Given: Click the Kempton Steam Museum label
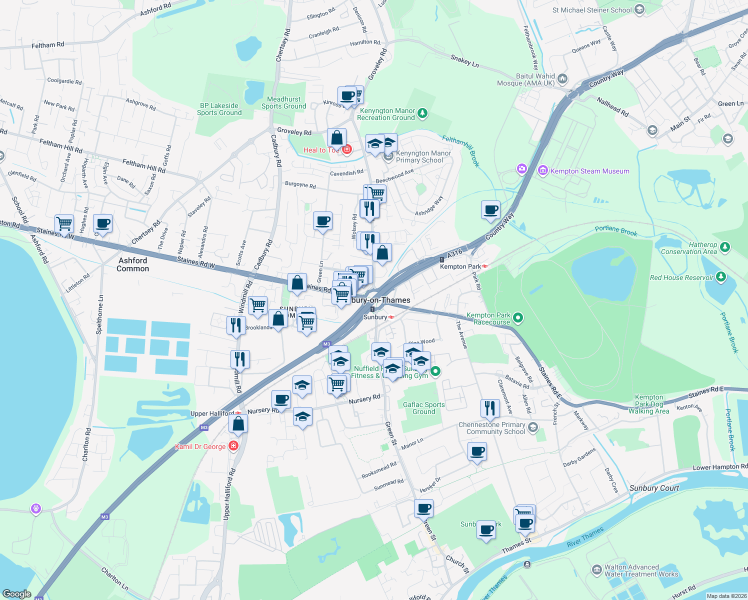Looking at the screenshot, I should (589, 171).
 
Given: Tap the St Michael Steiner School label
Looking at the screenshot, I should (592, 10).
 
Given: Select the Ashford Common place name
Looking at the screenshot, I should (132, 264).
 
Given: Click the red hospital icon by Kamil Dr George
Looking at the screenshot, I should (233, 446).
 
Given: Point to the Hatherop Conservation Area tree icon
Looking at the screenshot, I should (725, 247).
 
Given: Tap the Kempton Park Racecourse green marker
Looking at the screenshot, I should (518, 317).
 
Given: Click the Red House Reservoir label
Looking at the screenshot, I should (681, 277).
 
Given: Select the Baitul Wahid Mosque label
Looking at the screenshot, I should (525, 79).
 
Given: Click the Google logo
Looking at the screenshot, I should (16, 594).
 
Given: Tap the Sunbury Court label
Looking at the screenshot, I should (654, 488).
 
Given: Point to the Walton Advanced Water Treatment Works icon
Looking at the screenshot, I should (596, 569).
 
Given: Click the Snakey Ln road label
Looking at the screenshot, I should (464, 61).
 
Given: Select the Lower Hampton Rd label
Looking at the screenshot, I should (719, 467).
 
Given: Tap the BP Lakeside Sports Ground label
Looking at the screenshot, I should (219, 109).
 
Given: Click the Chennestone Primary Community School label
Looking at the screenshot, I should (492, 428).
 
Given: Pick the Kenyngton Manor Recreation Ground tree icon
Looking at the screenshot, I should (422, 113).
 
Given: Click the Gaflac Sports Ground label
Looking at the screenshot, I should (423, 408).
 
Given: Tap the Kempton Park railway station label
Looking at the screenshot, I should (460, 266).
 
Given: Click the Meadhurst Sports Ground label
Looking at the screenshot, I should (283, 102).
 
